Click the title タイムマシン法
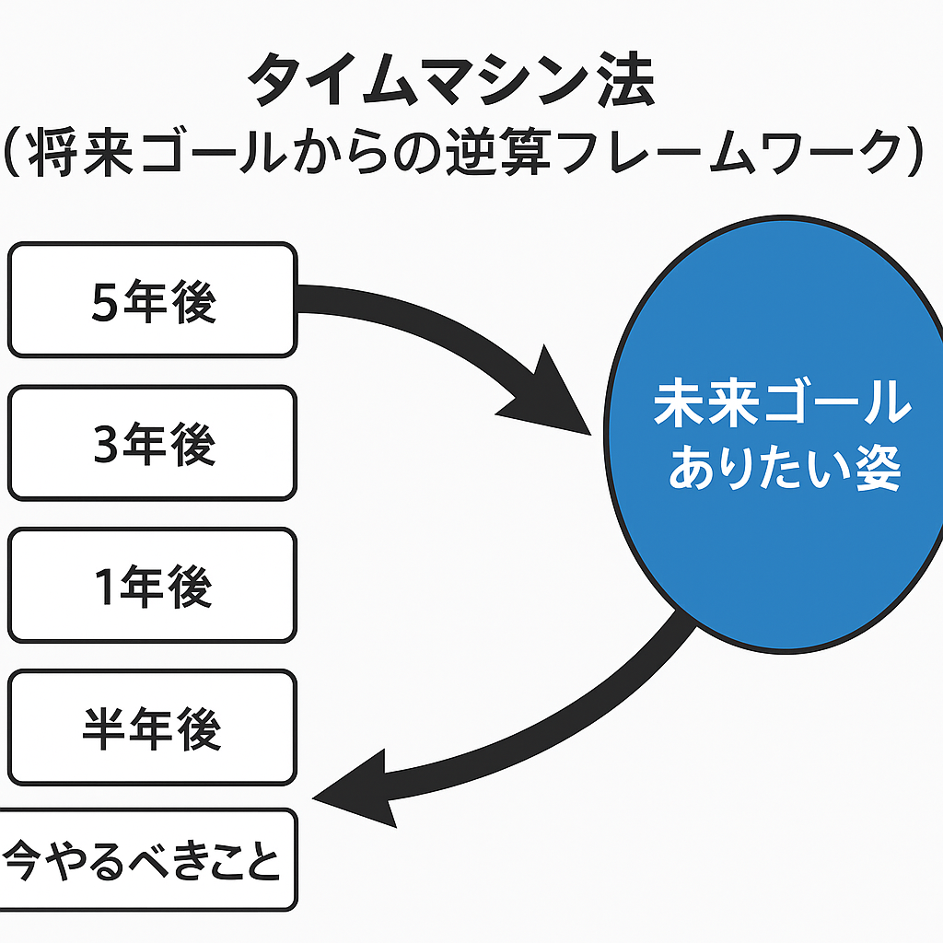coord(451,78)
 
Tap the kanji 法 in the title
coord(625,78)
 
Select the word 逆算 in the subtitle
coord(498,151)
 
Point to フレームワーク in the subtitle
coord(729,151)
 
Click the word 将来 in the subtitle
coord(81,152)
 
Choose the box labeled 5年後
coord(153,300)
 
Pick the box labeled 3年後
coord(153,443)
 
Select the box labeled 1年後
coord(153,586)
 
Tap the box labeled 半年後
coord(153,728)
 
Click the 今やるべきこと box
coord(148,860)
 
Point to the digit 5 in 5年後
coord(105,302)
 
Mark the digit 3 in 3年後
coord(106,445)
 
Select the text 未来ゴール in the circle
coord(783,402)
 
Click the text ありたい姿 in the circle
coord(786,467)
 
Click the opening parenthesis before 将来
coord(12,152)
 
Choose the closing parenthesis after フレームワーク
coord(915,152)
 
